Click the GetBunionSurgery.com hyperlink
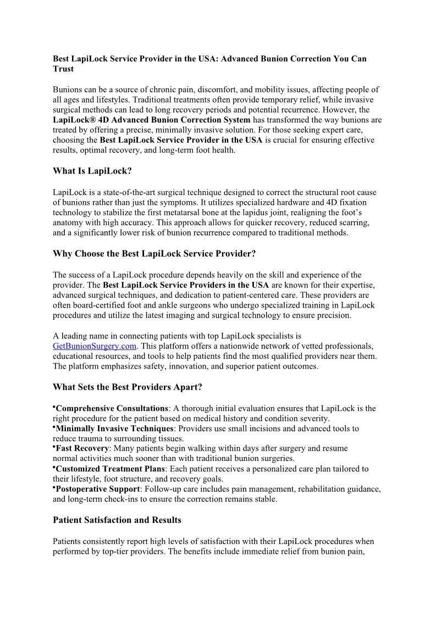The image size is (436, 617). pos(94,346)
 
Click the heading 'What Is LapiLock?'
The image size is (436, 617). pos(92,171)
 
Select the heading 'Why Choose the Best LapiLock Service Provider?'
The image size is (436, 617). pos(154,254)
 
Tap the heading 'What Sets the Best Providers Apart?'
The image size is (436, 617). pos(128,387)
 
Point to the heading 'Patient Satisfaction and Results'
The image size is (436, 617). pos(117,520)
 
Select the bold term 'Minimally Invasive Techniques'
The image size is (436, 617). pos(115,429)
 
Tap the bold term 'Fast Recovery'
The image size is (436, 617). pos(82,449)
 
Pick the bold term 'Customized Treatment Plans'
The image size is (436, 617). pos(110,469)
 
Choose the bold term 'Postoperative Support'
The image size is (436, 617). pos(98,489)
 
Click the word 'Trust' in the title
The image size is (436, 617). pos(63,69)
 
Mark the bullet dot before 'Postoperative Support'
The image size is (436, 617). pos(54,487)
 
